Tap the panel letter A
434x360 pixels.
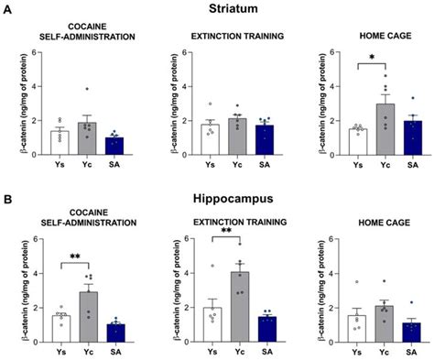point(7,11)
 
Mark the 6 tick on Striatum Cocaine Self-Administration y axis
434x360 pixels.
point(34,51)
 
